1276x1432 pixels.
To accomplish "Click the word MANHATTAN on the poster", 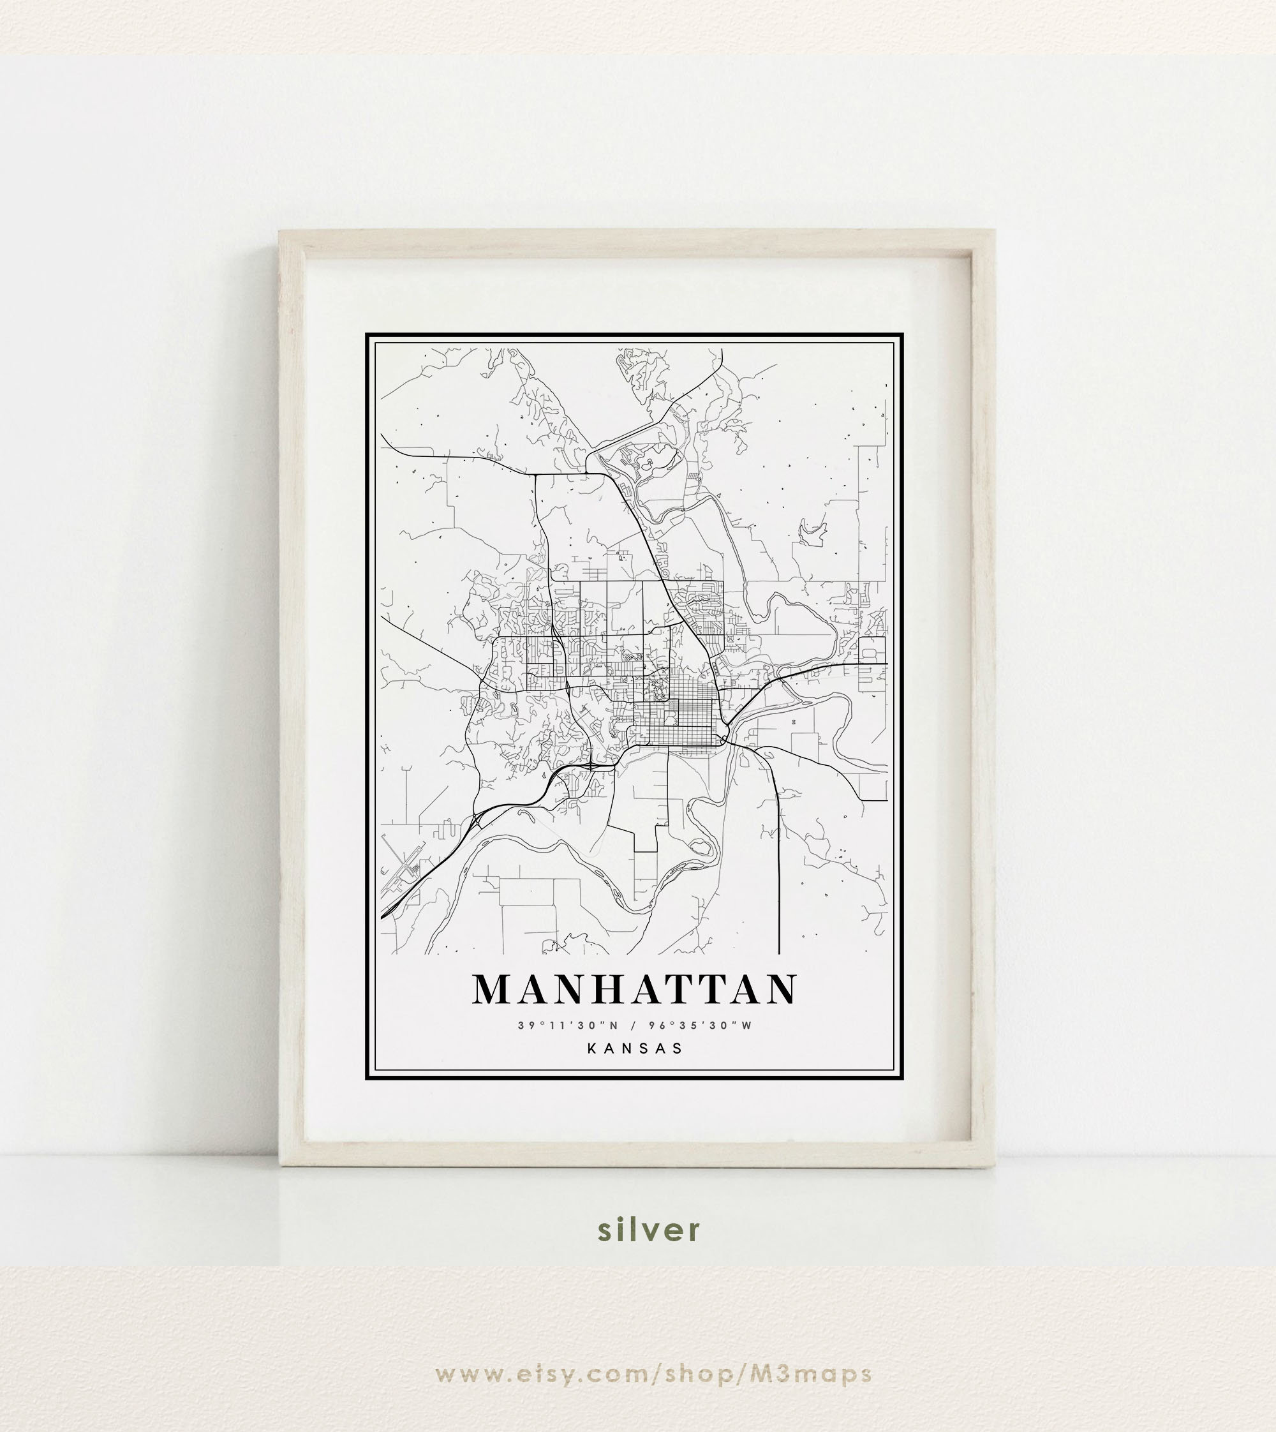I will (635, 990).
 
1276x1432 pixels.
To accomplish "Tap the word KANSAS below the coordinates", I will (635, 1048).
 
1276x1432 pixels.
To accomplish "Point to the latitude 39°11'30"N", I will (568, 1026).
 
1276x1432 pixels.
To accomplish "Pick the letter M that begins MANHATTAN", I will (495, 990).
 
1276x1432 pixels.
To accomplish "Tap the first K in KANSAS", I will (593, 1048).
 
